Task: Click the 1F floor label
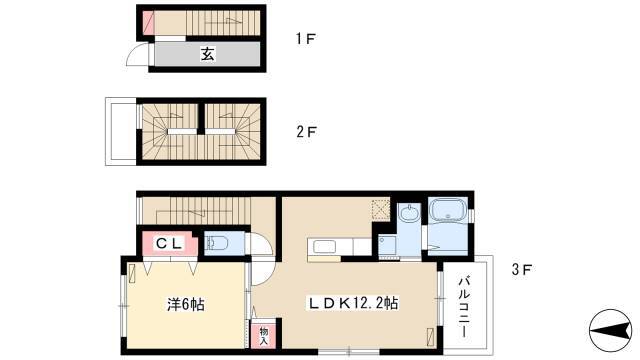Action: point(306,39)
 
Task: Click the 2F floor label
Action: point(307,132)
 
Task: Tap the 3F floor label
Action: point(522,269)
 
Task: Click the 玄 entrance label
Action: point(207,54)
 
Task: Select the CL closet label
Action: point(169,244)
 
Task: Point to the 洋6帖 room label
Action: point(186,304)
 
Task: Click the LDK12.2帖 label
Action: point(353,303)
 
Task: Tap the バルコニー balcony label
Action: point(463,307)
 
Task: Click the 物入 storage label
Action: point(264,336)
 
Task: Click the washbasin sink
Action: point(409,213)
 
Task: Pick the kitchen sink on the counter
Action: point(324,247)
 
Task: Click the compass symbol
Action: point(610,330)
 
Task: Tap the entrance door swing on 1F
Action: point(139,56)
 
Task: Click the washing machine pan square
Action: point(387,246)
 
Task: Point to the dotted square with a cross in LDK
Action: point(380,210)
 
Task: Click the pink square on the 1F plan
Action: point(148,23)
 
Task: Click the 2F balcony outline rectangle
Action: point(121,131)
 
